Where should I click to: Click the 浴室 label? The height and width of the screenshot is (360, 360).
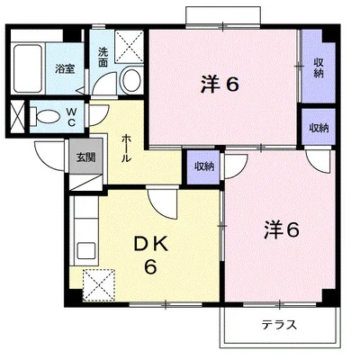coord(64,68)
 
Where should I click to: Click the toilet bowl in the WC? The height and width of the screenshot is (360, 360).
coord(43,116)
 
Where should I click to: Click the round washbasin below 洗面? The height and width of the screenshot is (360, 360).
coord(130,81)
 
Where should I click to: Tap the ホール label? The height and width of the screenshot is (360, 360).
coord(127,145)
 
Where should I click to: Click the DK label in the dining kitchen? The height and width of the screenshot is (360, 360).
coord(152,244)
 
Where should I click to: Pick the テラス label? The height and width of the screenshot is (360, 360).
coord(279,325)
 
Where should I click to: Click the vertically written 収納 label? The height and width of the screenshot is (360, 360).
coord(318,67)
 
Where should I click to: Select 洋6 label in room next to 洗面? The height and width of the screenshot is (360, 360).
coord(219,85)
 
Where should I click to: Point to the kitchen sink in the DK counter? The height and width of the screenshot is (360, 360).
coord(85,247)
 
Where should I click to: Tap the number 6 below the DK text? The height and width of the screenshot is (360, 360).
coord(152,267)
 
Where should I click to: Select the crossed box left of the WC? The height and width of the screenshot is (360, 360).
coord(17,117)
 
